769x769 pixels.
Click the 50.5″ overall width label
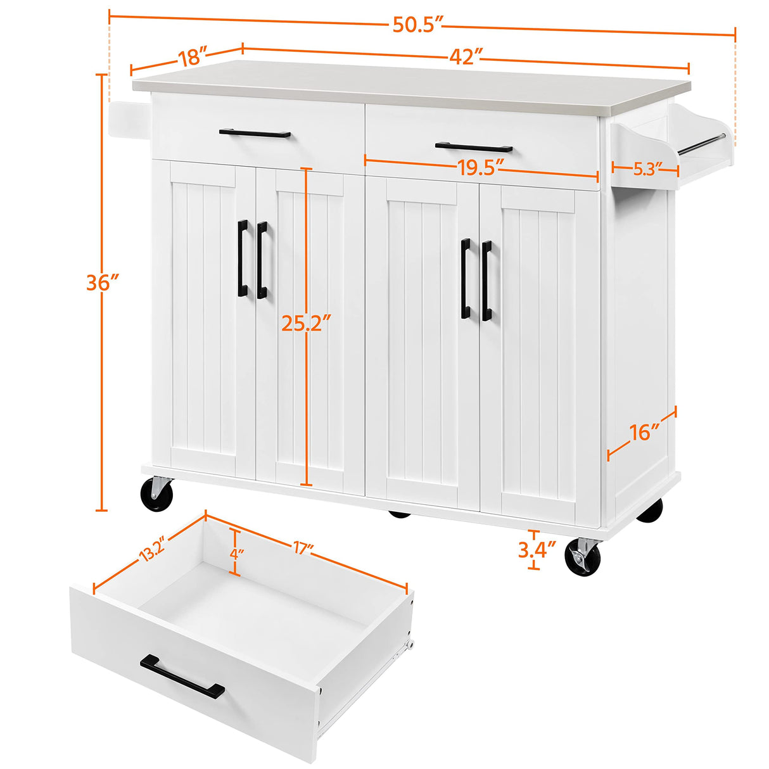click(416, 25)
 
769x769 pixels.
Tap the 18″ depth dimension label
click(189, 58)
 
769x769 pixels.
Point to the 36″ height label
click(103, 283)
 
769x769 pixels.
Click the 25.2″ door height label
click(307, 324)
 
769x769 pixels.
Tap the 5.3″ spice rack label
click(646, 168)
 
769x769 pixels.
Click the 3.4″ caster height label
click(537, 549)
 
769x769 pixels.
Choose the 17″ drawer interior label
click(304, 549)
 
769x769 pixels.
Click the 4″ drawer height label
click(236, 553)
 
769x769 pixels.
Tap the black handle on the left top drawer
click(255, 134)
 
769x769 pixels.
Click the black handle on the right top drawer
click(473, 147)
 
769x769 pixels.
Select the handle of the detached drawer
click(182, 677)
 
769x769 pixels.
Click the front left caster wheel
click(156, 495)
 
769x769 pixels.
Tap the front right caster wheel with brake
click(582, 557)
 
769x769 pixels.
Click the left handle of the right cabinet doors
click(466, 278)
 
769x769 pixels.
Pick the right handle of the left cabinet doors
click(262, 259)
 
